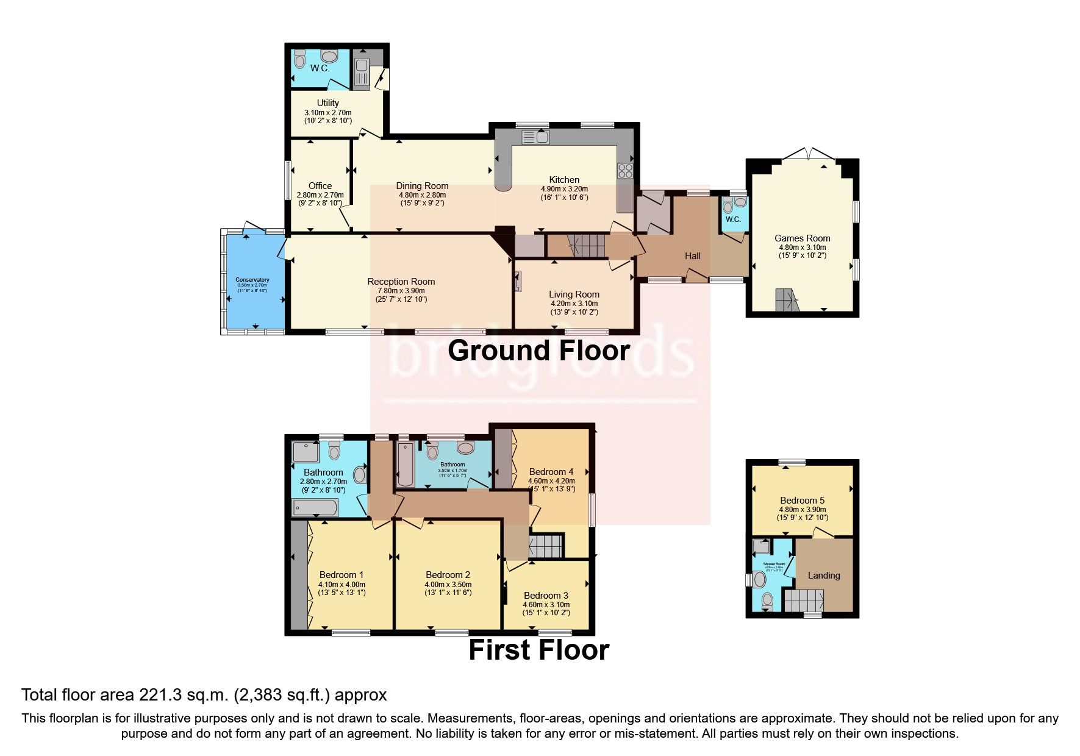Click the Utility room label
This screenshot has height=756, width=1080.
327,103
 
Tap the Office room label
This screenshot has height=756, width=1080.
320,186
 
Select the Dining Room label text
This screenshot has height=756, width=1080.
422,186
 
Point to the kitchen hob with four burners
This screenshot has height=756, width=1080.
626,171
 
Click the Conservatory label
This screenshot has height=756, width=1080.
252,280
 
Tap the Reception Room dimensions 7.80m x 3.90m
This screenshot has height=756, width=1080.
401,291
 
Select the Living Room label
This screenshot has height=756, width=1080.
574,294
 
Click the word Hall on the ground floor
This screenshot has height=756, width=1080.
692,256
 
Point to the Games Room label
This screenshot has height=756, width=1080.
802,238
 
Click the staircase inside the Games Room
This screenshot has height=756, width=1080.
787,301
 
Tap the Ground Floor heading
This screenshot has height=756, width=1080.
538,351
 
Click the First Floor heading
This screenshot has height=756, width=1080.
538,650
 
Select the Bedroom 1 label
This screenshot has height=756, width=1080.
342,575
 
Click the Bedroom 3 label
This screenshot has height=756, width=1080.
546,596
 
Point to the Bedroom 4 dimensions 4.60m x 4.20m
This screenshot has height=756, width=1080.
551,481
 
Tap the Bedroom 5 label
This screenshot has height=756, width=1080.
802,501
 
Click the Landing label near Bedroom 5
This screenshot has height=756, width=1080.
824,576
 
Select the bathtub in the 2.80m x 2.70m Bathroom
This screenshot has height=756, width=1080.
315,507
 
